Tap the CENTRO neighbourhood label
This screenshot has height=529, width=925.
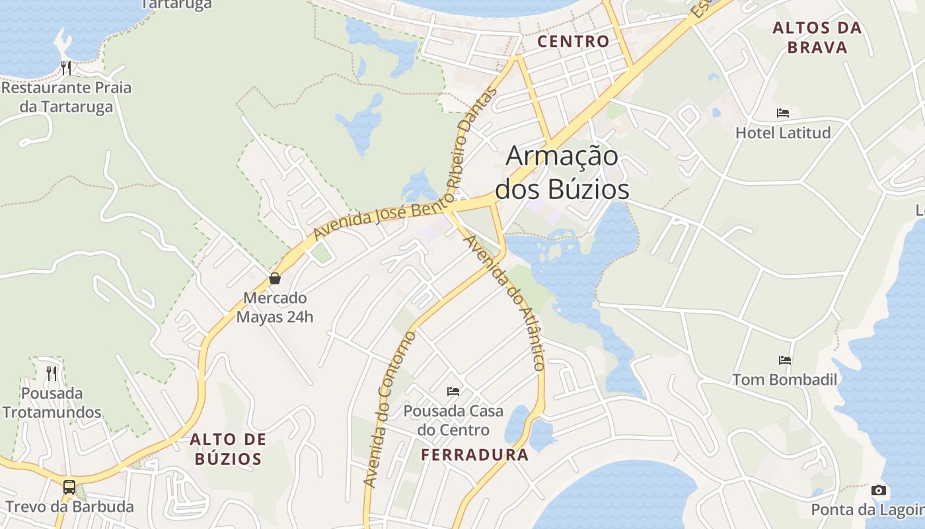[573, 42]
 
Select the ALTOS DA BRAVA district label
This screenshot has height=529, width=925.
[817, 38]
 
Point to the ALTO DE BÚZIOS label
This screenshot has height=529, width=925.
[228, 449]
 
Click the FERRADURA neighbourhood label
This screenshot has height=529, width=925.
[475, 455]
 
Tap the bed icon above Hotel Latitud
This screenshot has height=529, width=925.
[783, 113]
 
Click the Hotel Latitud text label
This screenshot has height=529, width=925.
[783, 133]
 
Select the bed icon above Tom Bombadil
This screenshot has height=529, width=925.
[785, 360]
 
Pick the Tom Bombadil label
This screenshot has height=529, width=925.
[784, 380]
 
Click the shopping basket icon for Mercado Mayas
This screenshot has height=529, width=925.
[275, 278]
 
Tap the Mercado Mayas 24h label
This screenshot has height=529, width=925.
[275, 307]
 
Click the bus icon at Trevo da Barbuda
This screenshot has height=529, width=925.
[69, 487]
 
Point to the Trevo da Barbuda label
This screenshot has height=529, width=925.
[69, 507]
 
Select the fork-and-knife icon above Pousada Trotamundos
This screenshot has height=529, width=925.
[52, 374]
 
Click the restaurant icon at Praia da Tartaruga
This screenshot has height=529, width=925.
[66, 67]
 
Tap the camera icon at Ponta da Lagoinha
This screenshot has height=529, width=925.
[878, 490]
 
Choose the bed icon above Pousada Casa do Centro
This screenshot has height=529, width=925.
[453, 391]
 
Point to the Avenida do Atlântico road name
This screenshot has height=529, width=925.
[505, 301]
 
